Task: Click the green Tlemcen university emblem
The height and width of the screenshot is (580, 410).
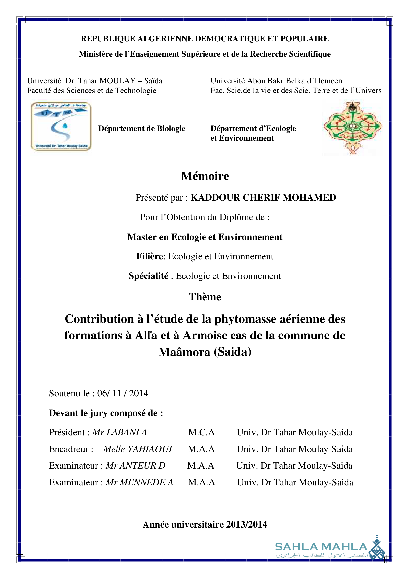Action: (x=353, y=127)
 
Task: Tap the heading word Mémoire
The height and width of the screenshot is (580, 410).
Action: (x=205, y=176)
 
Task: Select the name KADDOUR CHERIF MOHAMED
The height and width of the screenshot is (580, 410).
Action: (x=263, y=198)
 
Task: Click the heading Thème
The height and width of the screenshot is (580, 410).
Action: (x=205, y=297)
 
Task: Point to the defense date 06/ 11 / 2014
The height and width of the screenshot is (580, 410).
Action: (x=123, y=393)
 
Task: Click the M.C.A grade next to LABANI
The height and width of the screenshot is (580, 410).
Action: (x=201, y=432)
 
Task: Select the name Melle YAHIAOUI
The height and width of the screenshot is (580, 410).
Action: (x=138, y=449)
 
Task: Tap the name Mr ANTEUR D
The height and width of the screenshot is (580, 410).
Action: (x=135, y=466)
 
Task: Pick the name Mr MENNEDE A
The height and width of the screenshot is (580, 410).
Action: (x=139, y=482)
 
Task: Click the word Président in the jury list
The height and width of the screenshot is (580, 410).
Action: (x=67, y=432)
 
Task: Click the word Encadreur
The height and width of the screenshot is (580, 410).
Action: (x=69, y=449)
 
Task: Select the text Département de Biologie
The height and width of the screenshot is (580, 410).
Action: (x=142, y=129)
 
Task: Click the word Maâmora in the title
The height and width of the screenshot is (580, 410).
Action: (x=184, y=352)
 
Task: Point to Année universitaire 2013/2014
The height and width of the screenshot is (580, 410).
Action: (x=205, y=525)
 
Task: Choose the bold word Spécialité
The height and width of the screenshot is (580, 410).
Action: (x=148, y=276)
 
